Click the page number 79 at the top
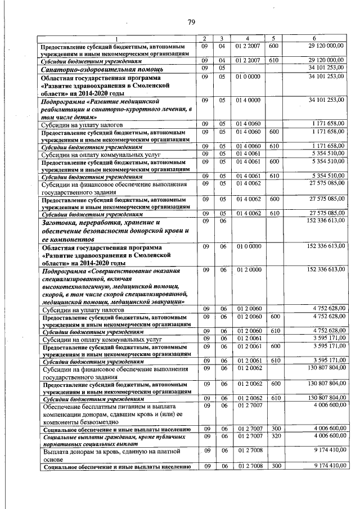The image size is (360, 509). pos(191,22)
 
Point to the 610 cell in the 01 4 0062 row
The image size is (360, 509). pos(274,214)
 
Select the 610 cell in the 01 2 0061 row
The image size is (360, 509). pos(274,360)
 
